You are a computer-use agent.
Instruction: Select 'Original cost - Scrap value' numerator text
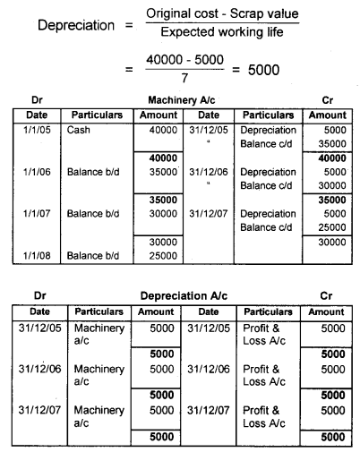click(x=223, y=14)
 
